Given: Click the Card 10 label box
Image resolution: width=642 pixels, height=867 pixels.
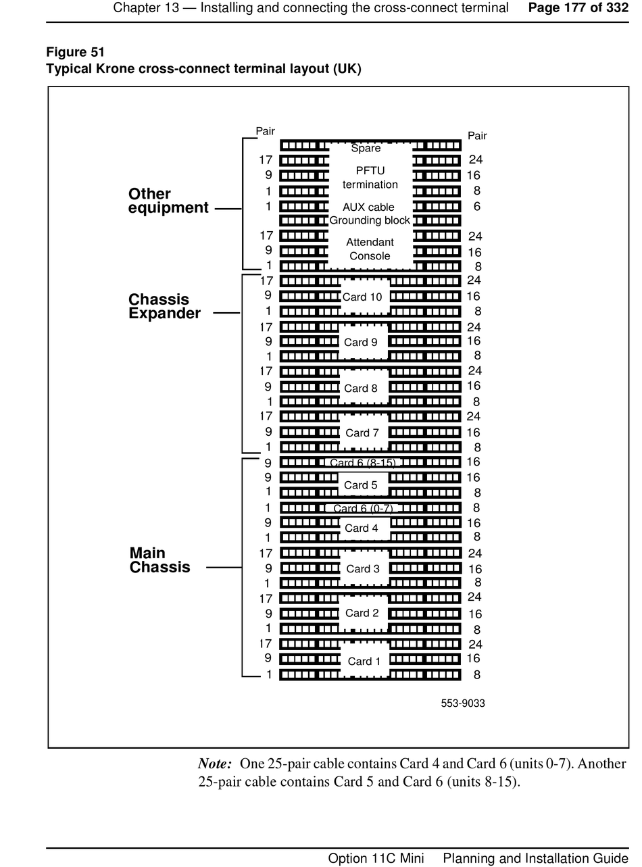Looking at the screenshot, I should [x=362, y=297].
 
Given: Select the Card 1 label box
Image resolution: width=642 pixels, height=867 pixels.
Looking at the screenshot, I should [x=364, y=661].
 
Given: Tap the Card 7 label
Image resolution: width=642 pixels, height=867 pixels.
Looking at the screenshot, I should [x=362, y=432].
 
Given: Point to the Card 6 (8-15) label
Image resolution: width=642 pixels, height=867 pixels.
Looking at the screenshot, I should [x=363, y=463].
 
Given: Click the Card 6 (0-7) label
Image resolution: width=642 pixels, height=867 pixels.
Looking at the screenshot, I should [x=363, y=508].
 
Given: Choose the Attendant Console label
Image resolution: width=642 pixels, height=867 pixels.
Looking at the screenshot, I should [x=370, y=249].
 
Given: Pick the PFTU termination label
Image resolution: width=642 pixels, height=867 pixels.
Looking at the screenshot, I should [x=370, y=177].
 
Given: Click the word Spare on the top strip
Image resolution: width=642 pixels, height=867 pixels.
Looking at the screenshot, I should [x=366, y=148].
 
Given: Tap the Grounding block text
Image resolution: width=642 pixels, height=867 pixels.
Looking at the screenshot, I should [x=370, y=220].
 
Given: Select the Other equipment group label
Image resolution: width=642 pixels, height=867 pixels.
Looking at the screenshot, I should [x=168, y=201].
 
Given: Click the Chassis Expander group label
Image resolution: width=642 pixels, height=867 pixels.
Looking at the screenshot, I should [x=164, y=306].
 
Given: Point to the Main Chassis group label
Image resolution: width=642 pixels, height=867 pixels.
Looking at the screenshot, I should [x=159, y=560].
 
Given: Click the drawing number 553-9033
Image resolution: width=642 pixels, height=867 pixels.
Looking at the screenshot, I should [x=463, y=703].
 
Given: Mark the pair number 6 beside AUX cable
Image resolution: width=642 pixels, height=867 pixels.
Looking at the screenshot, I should [x=477, y=206].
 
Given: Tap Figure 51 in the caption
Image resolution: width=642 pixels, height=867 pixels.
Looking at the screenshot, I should [x=75, y=52].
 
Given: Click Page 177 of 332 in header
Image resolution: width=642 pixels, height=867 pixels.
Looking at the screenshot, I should [x=578, y=8].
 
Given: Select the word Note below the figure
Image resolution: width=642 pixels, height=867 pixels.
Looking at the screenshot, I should [x=215, y=764].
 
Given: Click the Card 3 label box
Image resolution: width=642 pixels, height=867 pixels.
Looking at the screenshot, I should [x=363, y=568].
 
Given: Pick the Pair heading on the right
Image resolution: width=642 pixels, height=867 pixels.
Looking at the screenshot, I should [x=477, y=136].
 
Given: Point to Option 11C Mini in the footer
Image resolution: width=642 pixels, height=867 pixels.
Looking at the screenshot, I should [x=376, y=858].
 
